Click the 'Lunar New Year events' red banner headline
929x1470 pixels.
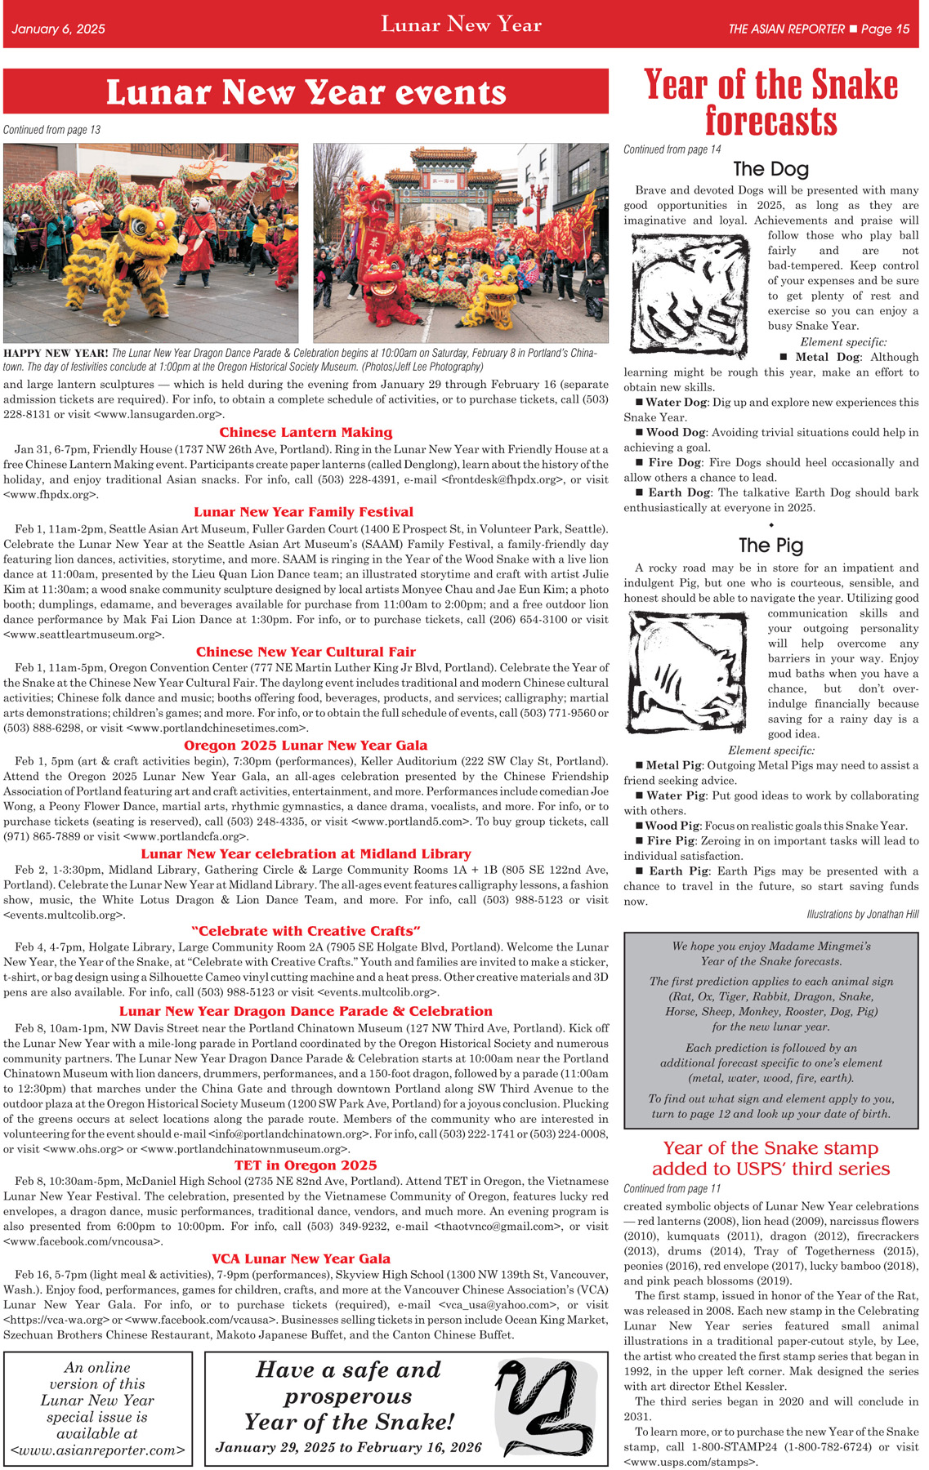(306, 92)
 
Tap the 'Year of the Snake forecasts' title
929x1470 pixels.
(770, 102)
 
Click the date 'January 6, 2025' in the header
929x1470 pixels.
(59, 29)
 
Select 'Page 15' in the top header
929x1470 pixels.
(885, 29)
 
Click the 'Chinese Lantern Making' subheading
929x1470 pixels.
(306, 433)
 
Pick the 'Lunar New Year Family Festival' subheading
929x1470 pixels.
(304, 512)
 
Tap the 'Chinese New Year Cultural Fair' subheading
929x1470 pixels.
(306, 652)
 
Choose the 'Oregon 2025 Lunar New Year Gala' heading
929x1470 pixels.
(306, 746)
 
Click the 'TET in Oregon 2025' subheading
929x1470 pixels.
(306, 1165)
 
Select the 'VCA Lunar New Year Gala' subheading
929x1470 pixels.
(301, 1258)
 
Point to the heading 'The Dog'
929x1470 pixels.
(770, 169)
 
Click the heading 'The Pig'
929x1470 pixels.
(770, 546)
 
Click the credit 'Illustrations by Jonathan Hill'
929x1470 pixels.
(862, 915)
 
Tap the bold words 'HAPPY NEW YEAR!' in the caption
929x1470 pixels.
(56, 354)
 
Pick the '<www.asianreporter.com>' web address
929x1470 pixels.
(98, 1451)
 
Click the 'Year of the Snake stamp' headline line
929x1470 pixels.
(770, 1148)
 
